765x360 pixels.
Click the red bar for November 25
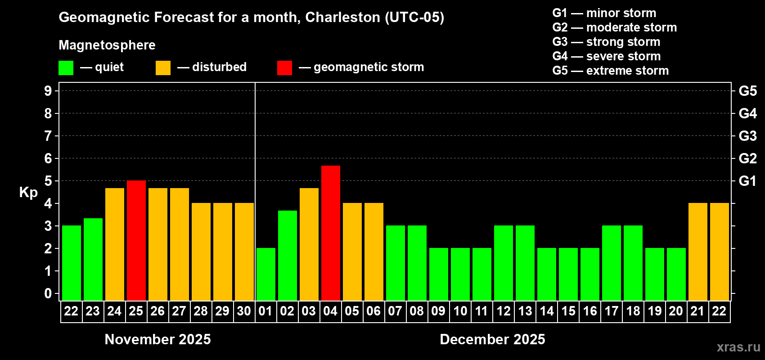(x=136, y=240)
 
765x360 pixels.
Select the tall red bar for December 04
(x=331, y=233)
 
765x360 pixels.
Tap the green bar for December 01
(x=266, y=274)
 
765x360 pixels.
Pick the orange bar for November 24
(x=115, y=244)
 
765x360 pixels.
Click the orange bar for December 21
(x=698, y=252)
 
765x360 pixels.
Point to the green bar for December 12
(x=504, y=263)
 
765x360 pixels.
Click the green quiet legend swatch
(x=66, y=68)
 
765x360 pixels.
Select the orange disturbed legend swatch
(x=163, y=68)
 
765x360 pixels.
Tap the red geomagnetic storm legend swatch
(x=284, y=68)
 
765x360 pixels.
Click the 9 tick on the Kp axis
(x=48, y=91)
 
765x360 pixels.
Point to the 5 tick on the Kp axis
(x=48, y=181)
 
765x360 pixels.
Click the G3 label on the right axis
(x=747, y=136)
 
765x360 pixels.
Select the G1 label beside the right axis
(x=747, y=181)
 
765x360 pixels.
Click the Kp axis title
(x=28, y=193)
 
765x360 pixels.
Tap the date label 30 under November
(x=244, y=311)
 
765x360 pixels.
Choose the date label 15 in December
(x=568, y=311)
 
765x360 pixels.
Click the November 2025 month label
(x=157, y=339)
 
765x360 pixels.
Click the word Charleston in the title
(x=342, y=17)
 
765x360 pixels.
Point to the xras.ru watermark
(x=738, y=347)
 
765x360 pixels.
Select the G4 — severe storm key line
(x=606, y=56)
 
